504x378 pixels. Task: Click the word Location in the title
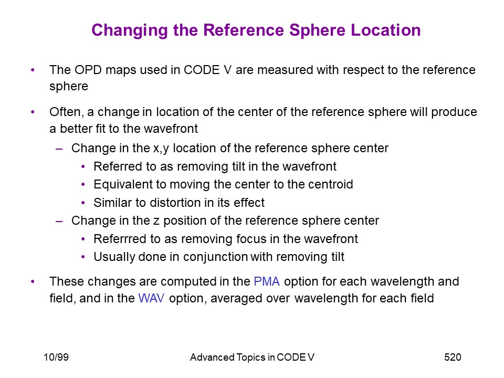coord(386,30)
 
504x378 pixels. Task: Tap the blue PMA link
coord(267,281)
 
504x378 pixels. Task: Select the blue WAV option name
coord(151,298)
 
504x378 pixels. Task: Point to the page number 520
coord(453,357)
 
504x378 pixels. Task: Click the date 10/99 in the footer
coord(56,357)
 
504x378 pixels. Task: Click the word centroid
coord(330,184)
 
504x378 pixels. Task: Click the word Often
coord(67,112)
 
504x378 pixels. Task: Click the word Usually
coord(114,257)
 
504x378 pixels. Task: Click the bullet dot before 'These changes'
coord(33,281)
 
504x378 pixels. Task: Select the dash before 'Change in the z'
coord(59,221)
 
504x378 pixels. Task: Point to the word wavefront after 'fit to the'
coord(171,129)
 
